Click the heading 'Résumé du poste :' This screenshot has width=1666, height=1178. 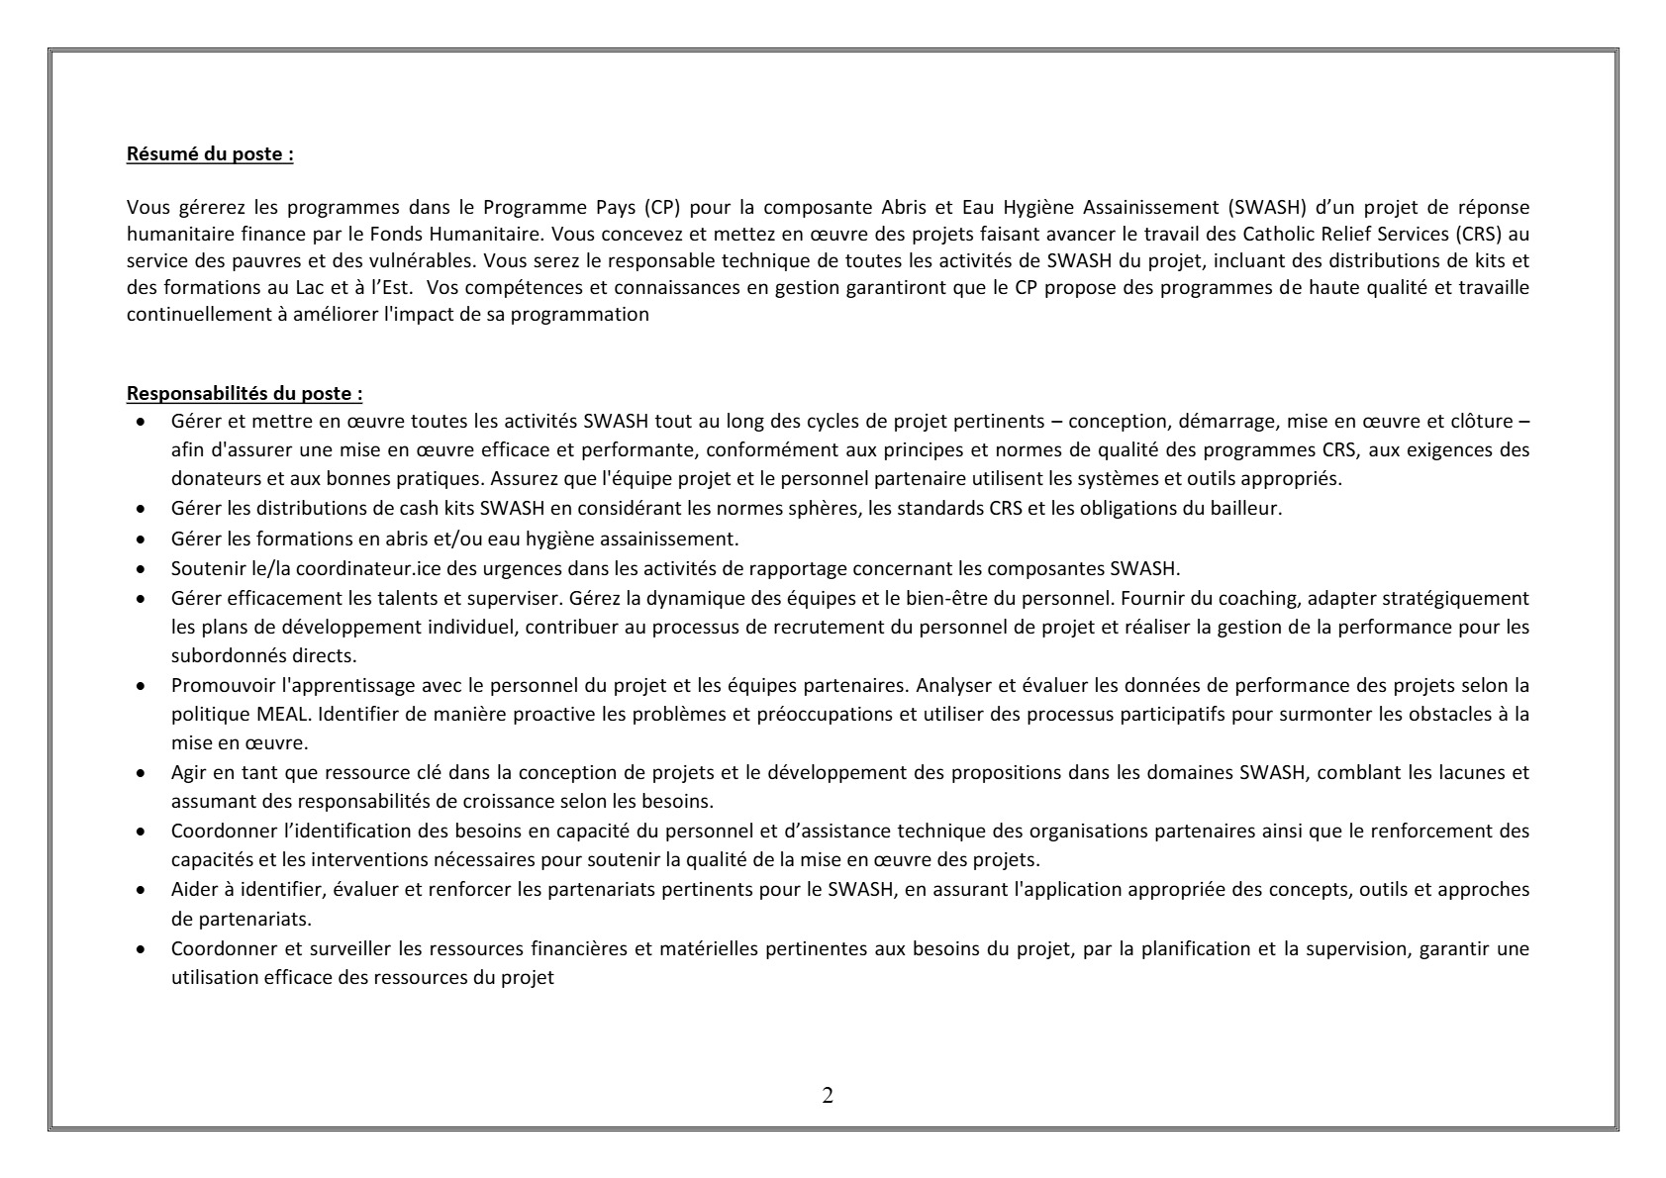click(x=210, y=154)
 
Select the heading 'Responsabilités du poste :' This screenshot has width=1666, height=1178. click(x=245, y=394)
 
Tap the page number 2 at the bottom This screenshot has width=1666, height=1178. click(x=828, y=1096)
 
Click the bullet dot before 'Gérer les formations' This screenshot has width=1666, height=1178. click(x=144, y=540)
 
